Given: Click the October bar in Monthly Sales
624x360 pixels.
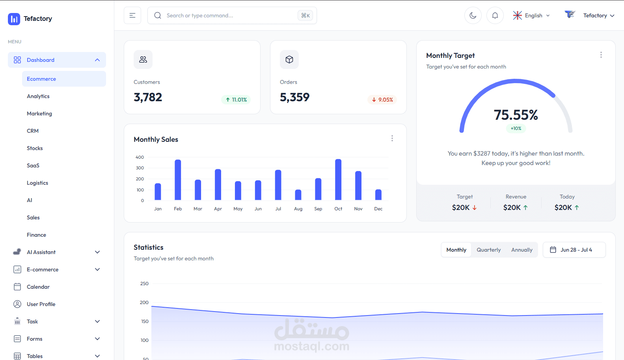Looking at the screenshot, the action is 338,180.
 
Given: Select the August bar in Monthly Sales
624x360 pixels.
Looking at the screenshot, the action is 298,195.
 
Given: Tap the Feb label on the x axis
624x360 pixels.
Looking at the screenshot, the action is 178,209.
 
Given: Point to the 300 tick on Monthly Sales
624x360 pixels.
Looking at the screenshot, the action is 140,168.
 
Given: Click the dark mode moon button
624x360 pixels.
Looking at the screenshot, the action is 473,15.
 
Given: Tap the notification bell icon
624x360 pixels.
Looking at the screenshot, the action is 495,15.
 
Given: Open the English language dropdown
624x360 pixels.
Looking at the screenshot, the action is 531,15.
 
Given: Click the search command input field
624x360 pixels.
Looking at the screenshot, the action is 232,15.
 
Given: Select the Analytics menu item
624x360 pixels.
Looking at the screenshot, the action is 38,96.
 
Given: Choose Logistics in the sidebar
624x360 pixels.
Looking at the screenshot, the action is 37,183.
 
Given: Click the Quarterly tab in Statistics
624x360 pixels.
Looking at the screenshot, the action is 489,250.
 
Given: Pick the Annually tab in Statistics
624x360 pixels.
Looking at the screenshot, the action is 522,250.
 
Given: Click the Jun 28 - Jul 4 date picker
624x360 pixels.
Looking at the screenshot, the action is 574,250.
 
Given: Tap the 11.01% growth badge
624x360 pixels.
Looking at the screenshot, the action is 236,100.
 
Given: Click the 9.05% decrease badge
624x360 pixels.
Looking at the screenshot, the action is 382,100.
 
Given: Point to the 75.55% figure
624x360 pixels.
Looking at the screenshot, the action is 516,115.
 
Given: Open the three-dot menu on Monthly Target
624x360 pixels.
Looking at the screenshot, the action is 601,55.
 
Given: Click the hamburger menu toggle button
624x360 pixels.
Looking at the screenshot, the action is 132,15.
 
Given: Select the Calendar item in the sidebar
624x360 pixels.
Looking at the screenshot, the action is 38,287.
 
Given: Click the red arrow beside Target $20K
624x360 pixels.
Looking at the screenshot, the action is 475,208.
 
